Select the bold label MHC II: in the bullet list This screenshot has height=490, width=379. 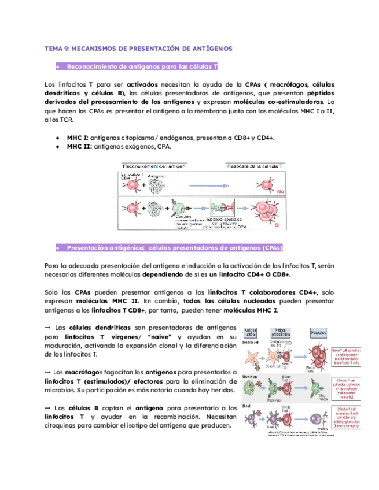point(78,147)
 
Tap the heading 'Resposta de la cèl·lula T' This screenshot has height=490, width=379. point(254,166)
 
